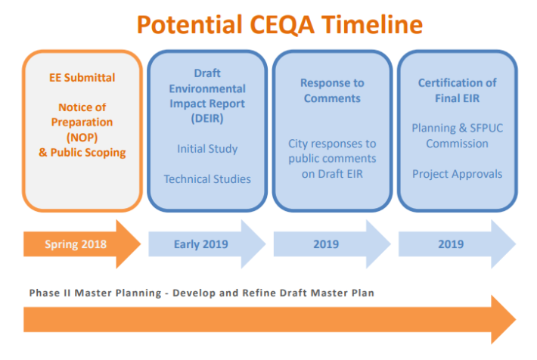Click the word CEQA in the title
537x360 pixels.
coord(282,25)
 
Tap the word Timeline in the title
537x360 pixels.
coord(372,25)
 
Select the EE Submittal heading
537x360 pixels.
coord(82,77)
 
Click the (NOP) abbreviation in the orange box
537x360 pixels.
coord(82,138)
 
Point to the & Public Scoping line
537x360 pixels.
coord(82,153)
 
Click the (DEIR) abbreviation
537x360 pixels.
coord(207,118)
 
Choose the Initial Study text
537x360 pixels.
coord(207,149)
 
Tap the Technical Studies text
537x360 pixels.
coord(207,178)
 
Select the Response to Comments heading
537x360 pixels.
coord(332,91)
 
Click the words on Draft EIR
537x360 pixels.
coord(332,174)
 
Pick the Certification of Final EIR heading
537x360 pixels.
coord(457,91)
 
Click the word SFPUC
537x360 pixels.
coord(486,128)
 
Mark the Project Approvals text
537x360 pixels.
coord(457,174)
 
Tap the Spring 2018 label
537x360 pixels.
coord(76,244)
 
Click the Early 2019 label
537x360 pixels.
coord(201,244)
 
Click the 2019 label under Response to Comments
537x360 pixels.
coord(326,244)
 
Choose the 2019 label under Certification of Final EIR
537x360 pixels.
coord(451,244)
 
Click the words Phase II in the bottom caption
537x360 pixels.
coord(48,293)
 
